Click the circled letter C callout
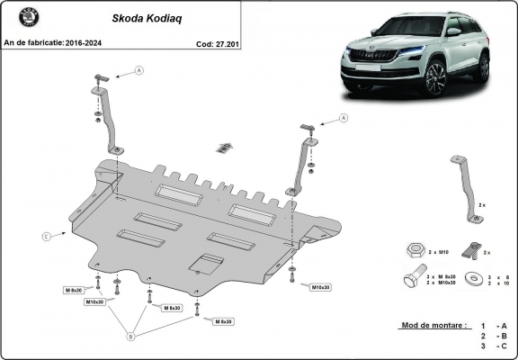(45, 237)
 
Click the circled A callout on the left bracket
(139, 69)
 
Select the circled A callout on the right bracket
(344, 117)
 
